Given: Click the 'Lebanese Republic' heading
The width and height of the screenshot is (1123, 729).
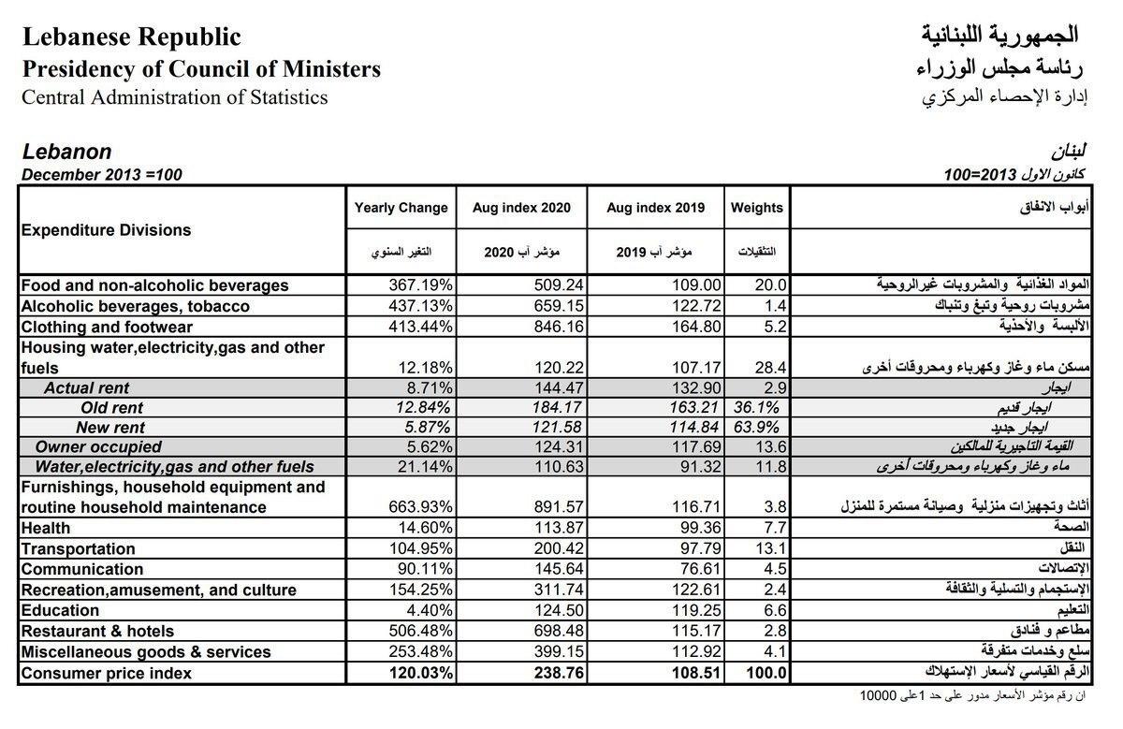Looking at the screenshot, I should [131, 36].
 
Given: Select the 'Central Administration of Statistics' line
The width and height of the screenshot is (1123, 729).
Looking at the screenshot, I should [175, 97].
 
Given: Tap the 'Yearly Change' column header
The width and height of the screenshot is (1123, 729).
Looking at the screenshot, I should [401, 208].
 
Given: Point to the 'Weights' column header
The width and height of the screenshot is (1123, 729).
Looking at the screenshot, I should [757, 208].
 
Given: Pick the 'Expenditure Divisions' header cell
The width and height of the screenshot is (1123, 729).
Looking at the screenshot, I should [106, 230].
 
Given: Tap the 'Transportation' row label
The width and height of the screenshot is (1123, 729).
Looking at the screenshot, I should [78, 548].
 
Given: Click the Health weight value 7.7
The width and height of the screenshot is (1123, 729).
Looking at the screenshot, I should [776, 528].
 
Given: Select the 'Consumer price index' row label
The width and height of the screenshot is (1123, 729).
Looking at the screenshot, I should [106, 673].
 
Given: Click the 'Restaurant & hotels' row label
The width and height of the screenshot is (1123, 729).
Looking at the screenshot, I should [97, 631].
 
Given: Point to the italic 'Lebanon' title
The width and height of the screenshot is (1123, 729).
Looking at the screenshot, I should [66, 152].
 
